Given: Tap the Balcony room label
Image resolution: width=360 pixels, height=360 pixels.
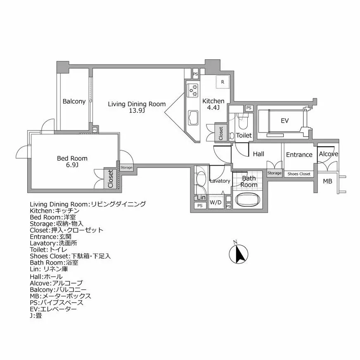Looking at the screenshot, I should click(74, 101).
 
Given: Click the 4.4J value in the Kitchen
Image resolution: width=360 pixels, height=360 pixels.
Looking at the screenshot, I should click(213, 108).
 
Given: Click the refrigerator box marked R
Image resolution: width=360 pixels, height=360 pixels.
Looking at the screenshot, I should click(223, 82).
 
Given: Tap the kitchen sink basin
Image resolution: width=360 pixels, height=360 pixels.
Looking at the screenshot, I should click(193, 118).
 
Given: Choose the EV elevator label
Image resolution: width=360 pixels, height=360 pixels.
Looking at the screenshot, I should click(284, 121).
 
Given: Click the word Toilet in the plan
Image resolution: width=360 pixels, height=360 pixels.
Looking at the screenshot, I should click(244, 135).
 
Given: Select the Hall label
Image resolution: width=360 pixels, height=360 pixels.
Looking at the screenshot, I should click(258, 154).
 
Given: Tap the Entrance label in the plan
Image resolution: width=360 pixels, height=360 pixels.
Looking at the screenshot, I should click(299, 155).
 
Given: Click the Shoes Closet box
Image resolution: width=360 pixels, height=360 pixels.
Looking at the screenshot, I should click(299, 174).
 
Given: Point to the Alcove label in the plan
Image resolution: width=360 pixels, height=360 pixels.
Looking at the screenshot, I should click(329, 154).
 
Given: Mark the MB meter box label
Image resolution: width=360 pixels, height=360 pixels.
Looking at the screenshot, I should click(327, 181).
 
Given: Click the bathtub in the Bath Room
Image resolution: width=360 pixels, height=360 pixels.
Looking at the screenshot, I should click(248, 200).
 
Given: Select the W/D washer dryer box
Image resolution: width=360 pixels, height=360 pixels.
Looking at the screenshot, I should click(216, 203).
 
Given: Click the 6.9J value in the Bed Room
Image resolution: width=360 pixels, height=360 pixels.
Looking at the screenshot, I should click(72, 165).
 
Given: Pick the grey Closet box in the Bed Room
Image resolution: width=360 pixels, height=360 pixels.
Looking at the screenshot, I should click(111, 178).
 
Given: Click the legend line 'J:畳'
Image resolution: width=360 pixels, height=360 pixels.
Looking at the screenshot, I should click(36, 315).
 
